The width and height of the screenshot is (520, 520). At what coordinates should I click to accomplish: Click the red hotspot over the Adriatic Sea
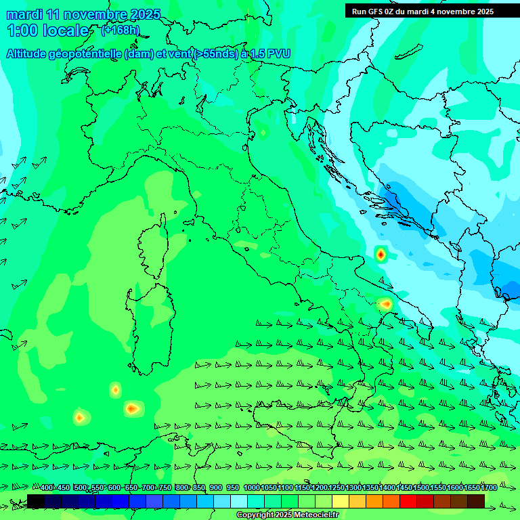(381, 255)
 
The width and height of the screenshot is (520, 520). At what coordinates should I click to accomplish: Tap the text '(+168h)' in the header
(120, 30)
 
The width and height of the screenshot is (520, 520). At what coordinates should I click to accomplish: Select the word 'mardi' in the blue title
(24, 14)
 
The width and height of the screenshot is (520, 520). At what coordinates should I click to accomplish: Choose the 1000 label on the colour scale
(251, 488)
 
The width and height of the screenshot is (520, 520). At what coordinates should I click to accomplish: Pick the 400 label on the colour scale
(47, 488)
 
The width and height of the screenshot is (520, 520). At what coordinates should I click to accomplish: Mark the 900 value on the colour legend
(216, 488)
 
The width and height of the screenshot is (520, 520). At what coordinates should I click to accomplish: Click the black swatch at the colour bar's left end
(36, 501)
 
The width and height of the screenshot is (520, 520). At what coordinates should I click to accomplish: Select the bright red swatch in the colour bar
(408, 501)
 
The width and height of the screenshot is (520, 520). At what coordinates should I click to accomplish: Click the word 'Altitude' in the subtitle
(30, 53)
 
